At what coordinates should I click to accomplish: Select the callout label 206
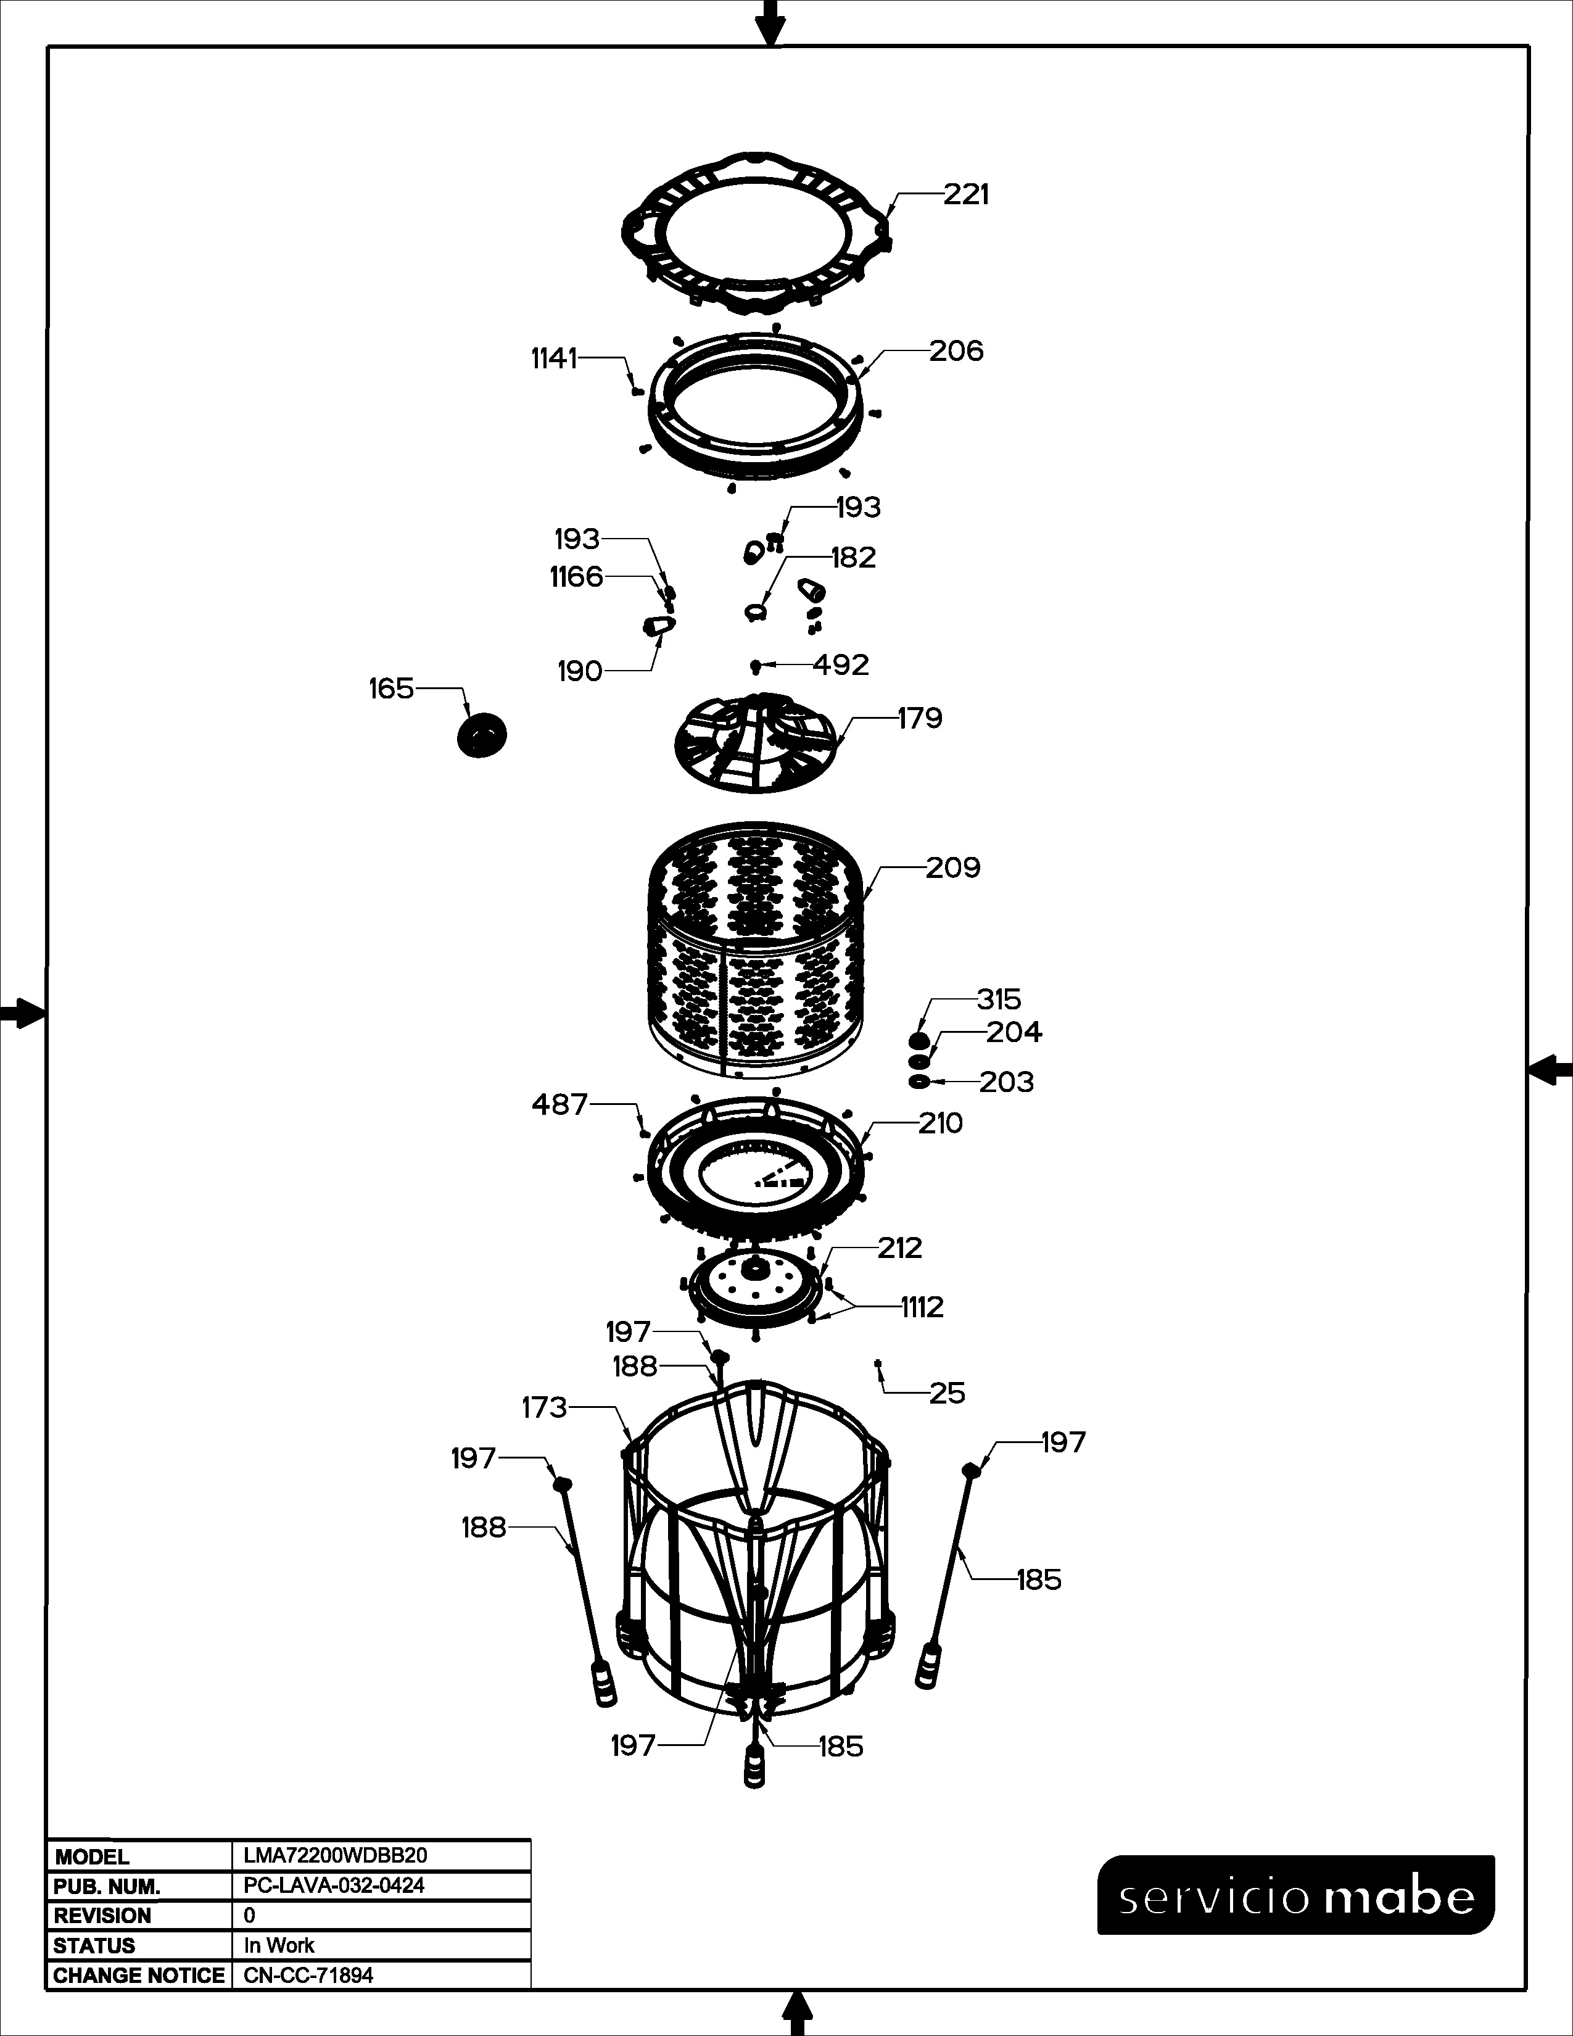click(x=956, y=352)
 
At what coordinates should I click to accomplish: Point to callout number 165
click(x=391, y=689)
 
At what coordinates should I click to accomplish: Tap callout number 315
click(x=999, y=999)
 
